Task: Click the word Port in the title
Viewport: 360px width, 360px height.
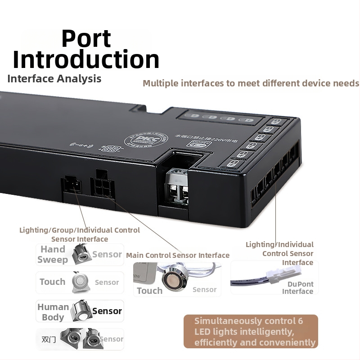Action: (x=86, y=39)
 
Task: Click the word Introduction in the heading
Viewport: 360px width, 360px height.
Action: (x=86, y=59)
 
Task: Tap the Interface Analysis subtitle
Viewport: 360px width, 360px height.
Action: (x=54, y=79)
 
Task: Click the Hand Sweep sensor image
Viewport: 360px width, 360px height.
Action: (x=81, y=253)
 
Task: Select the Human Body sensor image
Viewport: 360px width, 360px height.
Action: (x=81, y=310)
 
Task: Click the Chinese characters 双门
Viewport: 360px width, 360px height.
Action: (x=49, y=339)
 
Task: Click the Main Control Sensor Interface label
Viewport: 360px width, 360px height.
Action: (x=178, y=255)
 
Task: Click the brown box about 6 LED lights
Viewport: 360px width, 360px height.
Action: (x=251, y=332)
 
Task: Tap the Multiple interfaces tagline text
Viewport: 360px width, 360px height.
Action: (x=251, y=83)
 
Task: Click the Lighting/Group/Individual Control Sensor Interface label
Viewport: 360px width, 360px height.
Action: (x=80, y=234)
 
